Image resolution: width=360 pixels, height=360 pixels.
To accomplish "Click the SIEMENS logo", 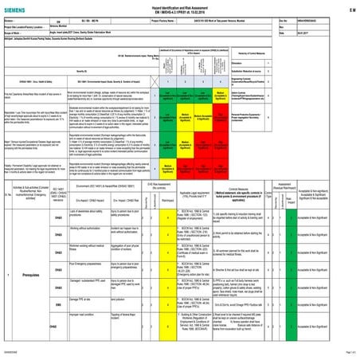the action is [x=22, y=8].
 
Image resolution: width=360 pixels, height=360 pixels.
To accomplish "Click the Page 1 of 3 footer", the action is [x=345, y=354].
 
